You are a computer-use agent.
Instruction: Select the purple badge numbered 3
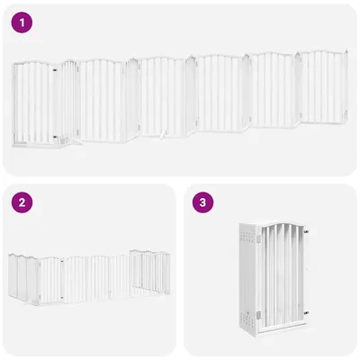click(x=204, y=202)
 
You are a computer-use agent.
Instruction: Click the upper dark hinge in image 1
click(x=56, y=67)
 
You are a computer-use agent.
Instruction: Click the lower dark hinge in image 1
click(x=56, y=137)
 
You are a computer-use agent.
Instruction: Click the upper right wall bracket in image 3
click(x=307, y=231)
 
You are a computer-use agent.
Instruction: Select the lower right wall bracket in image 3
click(x=307, y=312)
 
